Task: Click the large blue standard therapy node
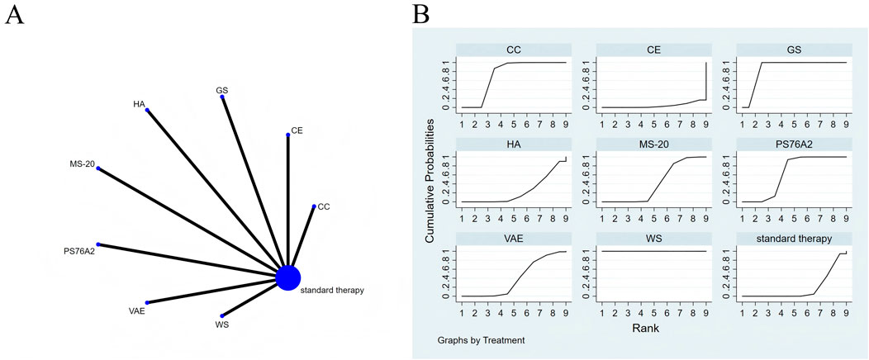click(287, 277)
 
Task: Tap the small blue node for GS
click(222, 97)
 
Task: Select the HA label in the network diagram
click(139, 104)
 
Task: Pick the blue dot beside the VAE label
click(147, 303)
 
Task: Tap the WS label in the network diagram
click(221, 324)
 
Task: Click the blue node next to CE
click(287, 135)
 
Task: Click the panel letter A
click(13, 15)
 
